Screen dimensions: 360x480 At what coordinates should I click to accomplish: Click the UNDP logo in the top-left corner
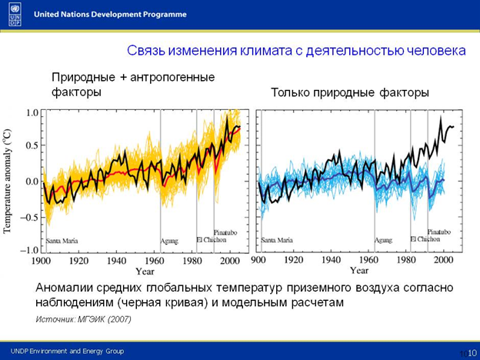(15, 14)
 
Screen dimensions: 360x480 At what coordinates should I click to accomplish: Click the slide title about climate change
(295, 52)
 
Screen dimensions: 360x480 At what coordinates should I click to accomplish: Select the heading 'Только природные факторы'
(349, 93)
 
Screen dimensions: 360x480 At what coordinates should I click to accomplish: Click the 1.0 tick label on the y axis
(28, 112)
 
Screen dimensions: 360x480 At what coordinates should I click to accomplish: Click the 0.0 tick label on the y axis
(28, 182)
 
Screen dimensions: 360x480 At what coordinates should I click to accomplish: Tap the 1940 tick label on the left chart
(117, 261)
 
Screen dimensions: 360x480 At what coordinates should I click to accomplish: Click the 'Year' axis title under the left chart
(145, 272)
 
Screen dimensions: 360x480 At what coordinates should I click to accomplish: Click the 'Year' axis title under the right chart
(358, 271)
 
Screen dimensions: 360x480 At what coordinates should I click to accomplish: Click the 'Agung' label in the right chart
(383, 241)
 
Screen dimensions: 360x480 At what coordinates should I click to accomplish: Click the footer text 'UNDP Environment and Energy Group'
(67, 351)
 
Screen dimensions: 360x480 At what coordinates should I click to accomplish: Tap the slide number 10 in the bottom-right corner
(472, 352)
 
